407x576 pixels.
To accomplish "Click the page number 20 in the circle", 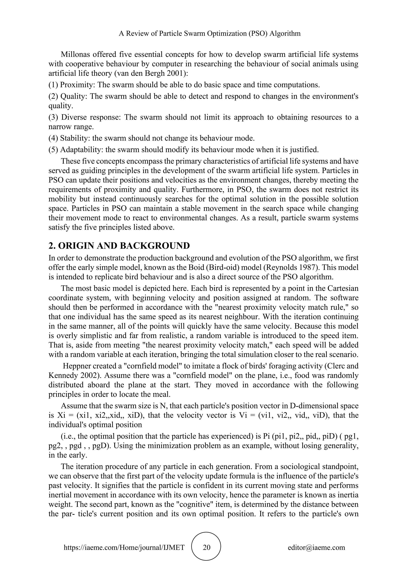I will pos(206,547).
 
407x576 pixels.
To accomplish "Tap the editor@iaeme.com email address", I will pos(316,547).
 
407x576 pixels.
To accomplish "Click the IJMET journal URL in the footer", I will pos(124,547).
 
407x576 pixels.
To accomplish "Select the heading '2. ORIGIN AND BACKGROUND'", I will pos(119,246).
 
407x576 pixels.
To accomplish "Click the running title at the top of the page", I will pos(209,33).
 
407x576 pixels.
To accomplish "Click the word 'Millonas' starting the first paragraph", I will pos(75,54).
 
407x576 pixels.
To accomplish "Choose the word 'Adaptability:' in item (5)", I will pos(82,150).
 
